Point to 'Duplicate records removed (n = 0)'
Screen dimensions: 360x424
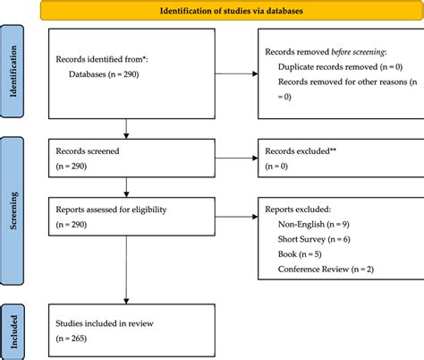click(x=338, y=67)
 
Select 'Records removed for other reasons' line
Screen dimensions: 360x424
click(x=337, y=82)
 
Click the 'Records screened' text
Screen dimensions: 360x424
click(x=90, y=153)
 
